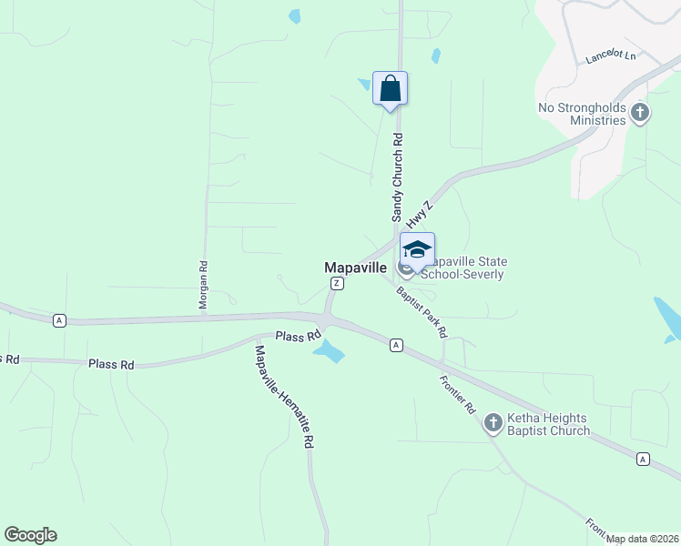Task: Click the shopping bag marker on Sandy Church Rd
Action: click(390, 89)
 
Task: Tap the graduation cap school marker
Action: click(417, 251)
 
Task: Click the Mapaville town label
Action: click(357, 268)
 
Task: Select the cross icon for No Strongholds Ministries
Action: click(640, 114)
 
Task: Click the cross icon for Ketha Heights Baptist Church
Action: click(493, 423)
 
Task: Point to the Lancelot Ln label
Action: click(610, 56)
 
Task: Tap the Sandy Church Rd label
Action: click(397, 177)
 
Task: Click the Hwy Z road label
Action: click(418, 215)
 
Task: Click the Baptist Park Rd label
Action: click(421, 312)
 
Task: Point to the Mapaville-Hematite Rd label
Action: click(284, 396)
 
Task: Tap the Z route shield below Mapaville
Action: click(337, 284)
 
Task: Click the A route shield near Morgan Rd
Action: click(59, 320)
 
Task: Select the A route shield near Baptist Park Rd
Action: click(396, 345)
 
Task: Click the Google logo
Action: click(30, 535)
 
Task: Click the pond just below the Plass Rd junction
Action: click(329, 351)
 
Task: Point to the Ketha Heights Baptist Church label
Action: click(548, 424)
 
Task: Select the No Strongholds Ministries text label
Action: click(583, 114)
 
